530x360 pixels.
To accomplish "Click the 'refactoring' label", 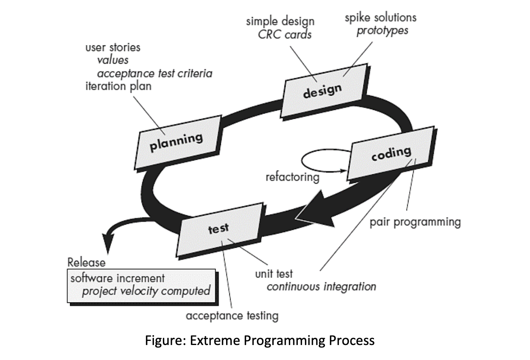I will pyautogui.click(x=292, y=177).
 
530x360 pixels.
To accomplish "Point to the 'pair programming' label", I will pyautogui.click(x=415, y=222).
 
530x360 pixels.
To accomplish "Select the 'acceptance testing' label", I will pyautogui.click(x=232, y=316).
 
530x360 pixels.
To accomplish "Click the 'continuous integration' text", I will pyautogui.click(x=321, y=287).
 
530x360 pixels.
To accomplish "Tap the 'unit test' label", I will pyautogui.click(x=274, y=274).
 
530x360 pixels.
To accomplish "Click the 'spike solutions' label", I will pyautogui.click(x=380, y=18).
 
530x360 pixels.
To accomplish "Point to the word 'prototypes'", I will pyautogui.click(x=382, y=30).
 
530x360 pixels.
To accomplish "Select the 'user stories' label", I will pyautogui.click(x=113, y=47).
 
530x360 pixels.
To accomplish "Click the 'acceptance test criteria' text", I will pyautogui.click(x=154, y=73).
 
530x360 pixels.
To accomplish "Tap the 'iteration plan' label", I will pyautogui.click(x=118, y=86).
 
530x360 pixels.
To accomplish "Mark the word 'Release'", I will pyautogui.click(x=86, y=262).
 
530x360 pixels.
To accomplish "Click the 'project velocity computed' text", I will pyautogui.click(x=146, y=291).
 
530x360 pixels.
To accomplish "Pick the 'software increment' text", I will pyautogui.click(x=118, y=279).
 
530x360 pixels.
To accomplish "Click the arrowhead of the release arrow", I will pyautogui.click(x=109, y=246).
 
